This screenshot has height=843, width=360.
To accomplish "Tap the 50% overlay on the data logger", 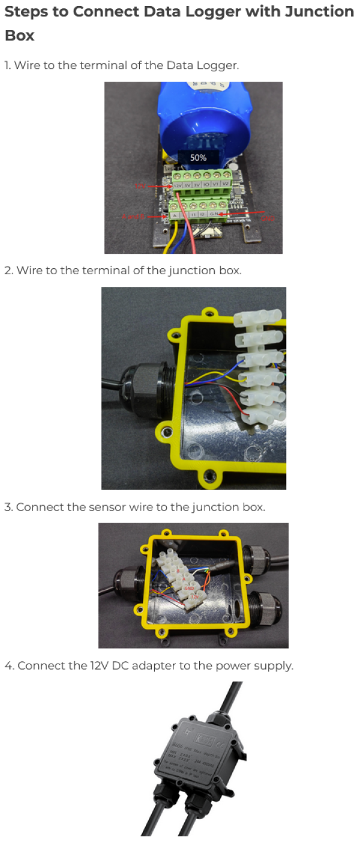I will [198, 158].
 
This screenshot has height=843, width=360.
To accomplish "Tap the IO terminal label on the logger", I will [205, 185].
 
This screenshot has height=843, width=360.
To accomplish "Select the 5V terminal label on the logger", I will [187, 185].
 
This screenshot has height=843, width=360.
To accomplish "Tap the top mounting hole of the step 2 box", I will [208, 313].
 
